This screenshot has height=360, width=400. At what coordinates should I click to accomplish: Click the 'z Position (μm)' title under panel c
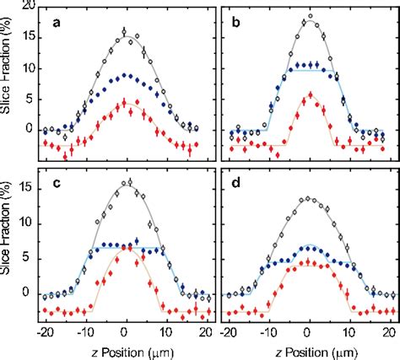(x=125, y=350)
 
